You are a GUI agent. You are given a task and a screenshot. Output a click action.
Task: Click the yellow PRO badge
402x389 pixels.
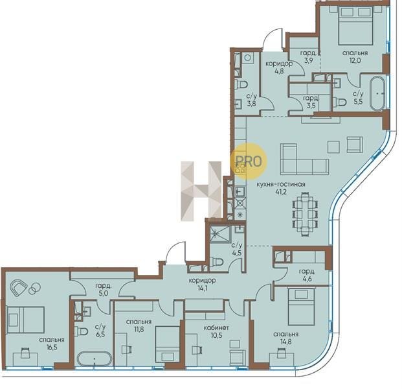tap(249, 161)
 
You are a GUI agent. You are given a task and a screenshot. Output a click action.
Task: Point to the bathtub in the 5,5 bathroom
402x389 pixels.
tap(377, 93)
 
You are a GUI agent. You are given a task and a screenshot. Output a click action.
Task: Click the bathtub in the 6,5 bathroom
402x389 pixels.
tap(95, 359)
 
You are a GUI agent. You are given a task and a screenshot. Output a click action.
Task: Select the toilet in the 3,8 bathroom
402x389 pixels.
tap(241, 84)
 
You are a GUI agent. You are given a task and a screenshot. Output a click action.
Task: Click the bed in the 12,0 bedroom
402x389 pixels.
tap(355, 26)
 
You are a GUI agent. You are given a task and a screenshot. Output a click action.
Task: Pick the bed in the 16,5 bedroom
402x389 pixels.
tap(26, 320)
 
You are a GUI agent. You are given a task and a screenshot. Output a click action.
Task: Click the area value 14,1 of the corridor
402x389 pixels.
tap(202, 288)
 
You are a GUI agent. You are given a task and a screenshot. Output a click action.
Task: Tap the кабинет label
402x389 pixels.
tap(216, 328)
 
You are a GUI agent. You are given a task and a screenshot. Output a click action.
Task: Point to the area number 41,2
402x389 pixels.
tap(282, 191)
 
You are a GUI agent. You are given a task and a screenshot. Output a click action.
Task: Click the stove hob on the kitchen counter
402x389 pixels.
tap(240, 168)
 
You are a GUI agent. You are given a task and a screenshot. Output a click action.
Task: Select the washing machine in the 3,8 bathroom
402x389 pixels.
tap(247, 58)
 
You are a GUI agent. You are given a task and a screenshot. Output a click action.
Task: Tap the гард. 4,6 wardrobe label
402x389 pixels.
tap(307, 275)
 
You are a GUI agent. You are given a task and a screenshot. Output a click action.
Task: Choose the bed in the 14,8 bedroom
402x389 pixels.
tap(301, 307)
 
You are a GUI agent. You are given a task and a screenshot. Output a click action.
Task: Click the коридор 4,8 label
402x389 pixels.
tap(279, 67)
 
